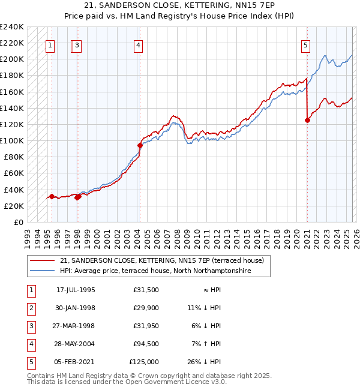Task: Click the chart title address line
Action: pyautogui.click(x=180, y=5)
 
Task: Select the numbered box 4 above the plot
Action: pyautogui.click(x=138, y=44)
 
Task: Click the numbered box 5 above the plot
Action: pyautogui.click(x=305, y=44)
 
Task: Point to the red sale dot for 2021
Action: pyautogui.click(x=308, y=120)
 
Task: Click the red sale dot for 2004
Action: pyautogui.click(x=140, y=145)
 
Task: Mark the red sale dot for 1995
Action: pyautogui.click(x=52, y=196)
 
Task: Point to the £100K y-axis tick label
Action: pyautogui.click(x=11, y=140)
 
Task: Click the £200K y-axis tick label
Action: pyautogui.click(x=11, y=59)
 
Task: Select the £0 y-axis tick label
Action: pyautogui.click(x=17, y=222)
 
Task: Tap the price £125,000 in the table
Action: pyautogui.click(x=144, y=362)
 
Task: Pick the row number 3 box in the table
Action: pyautogui.click(x=31, y=327)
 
